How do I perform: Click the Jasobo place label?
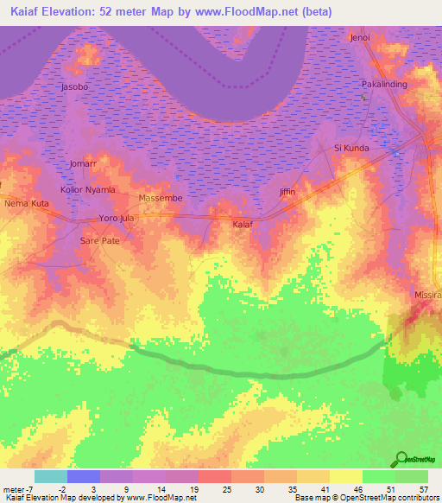pyautogui.click(x=75, y=87)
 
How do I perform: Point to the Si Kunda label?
pyautogui.click(x=351, y=148)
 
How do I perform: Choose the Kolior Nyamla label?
pyautogui.click(x=87, y=189)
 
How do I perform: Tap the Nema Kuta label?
pyautogui.click(x=27, y=203)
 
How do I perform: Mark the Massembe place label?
pyautogui.click(x=161, y=198)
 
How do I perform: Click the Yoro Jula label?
pyautogui.click(x=117, y=218)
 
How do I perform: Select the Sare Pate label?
pyautogui.click(x=99, y=240)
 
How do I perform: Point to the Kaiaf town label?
pyautogui.click(x=243, y=224)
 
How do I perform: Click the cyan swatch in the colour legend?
pyautogui.click(x=50, y=476)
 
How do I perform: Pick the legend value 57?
pyautogui.click(x=423, y=489)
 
